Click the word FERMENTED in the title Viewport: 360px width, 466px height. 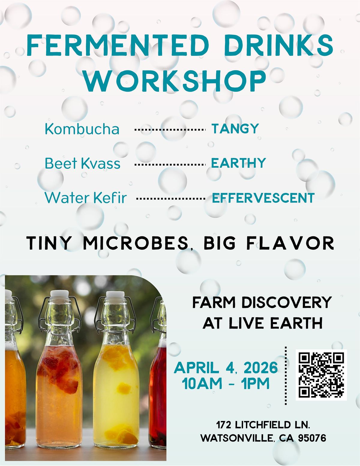click(x=118, y=46)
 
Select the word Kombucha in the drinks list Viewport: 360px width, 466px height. click(x=82, y=129)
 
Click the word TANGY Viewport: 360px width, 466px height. click(x=235, y=128)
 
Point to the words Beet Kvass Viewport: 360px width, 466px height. click(x=82, y=164)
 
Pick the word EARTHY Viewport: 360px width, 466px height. click(x=238, y=163)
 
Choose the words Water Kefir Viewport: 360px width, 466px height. click(x=86, y=198)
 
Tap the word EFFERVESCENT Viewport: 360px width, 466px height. click(x=263, y=198)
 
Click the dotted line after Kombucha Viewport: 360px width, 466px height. click(x=170, y=130)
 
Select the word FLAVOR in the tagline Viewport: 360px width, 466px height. click(x=290, y=243)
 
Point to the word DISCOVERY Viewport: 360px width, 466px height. click(x=287, y=302)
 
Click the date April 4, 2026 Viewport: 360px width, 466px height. click(x=226, y=368)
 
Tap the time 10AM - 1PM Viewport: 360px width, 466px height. click(x=226, y=384)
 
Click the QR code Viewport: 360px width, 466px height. click(x=321, y=375)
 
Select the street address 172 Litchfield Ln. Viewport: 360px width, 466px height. click(x=263, y=425)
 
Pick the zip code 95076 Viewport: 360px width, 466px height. click(x=312, y=438)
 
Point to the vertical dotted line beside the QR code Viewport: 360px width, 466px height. click(x=286, y=375)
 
